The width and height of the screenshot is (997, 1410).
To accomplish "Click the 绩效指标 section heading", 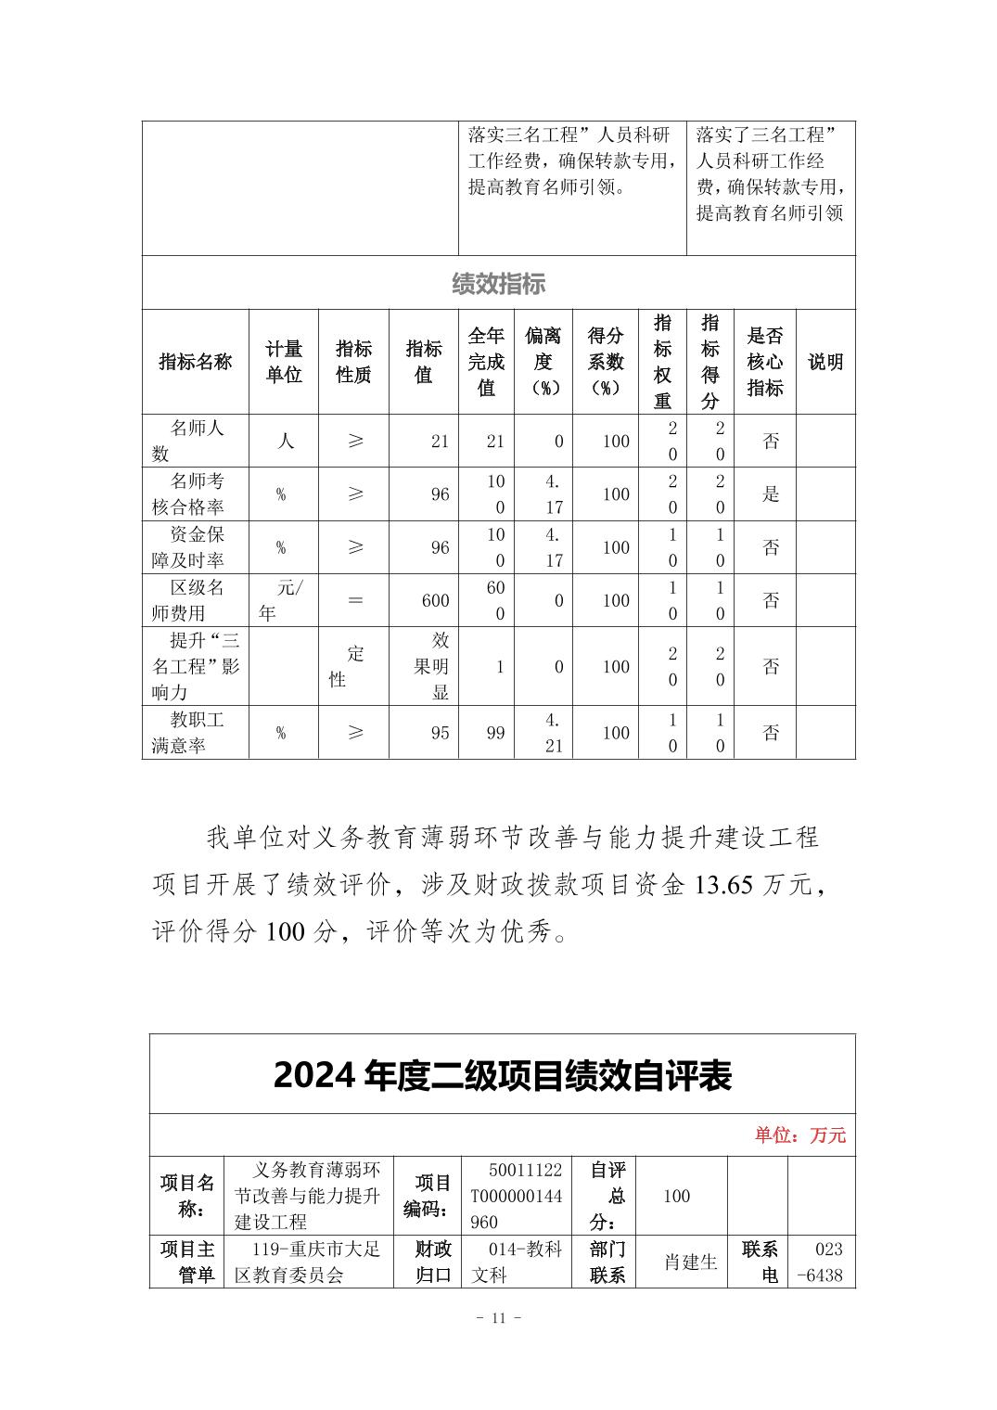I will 498,284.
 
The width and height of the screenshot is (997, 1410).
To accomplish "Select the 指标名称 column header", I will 195,362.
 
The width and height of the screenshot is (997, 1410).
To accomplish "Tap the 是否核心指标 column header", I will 764,362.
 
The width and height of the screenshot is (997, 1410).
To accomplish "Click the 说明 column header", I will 825,362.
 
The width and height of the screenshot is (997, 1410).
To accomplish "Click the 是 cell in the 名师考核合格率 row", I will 771,494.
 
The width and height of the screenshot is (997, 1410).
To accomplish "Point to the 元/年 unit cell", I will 283,600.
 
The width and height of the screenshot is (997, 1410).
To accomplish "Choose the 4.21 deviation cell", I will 554,733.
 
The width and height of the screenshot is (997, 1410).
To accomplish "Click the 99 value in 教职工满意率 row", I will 496,733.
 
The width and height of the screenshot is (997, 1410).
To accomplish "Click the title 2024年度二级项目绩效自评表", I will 503,1076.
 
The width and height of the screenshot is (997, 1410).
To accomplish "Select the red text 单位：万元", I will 799,1135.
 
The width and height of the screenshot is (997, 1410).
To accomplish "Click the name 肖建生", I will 690,1262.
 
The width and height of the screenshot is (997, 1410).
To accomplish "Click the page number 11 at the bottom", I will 498,1318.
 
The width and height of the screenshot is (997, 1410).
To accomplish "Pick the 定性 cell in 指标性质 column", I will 353,666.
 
